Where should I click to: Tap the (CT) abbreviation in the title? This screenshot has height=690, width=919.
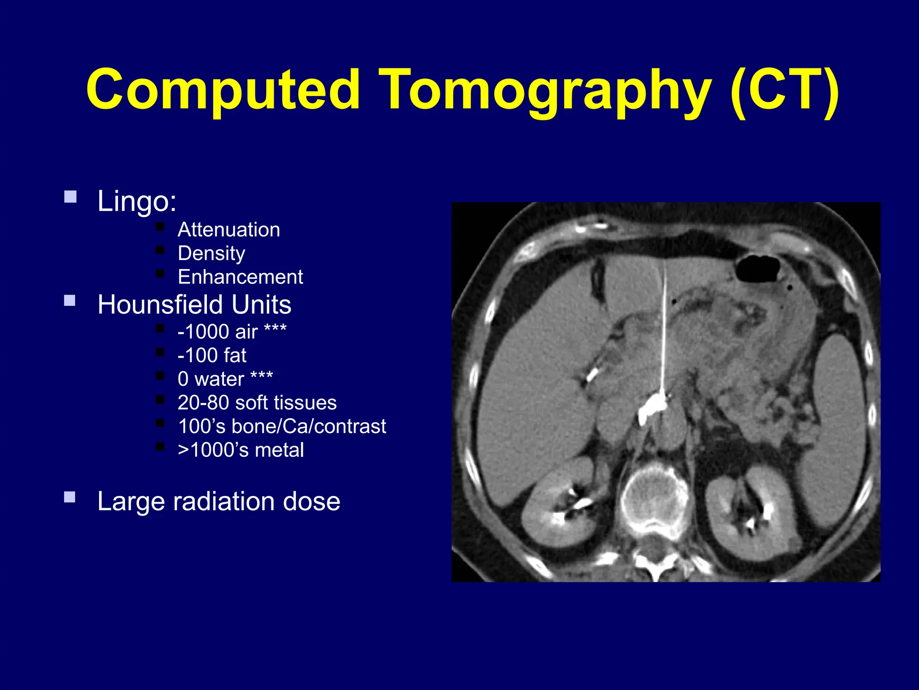pyautogui.click(x=783, y=90)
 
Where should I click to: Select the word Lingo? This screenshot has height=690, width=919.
pyautogui.click(x=137, y=201)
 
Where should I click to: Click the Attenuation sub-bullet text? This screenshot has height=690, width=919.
pyautogui.click(x=229, y=230)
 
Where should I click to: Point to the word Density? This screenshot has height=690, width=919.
pyautogui.click(x=211, y=253)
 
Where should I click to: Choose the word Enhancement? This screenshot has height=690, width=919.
pyautogui.click(x=241, y=277)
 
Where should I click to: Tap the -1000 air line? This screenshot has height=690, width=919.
pyautogui.click(x=232, y=332)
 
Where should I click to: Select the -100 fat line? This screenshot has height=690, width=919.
pyautogui.click(x=212, y=355)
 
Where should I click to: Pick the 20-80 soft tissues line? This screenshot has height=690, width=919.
pyautogui.click(x=257, y=402)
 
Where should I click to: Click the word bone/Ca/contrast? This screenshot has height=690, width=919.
pyautogui.click(x=309, y=426)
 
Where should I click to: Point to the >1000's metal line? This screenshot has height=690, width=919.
pyautogui.click(x=241, y=450)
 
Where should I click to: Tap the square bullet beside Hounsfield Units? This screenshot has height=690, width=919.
pyautogui.click(x=70, y=300)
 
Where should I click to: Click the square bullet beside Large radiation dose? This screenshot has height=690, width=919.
pyautogui.click(x=70, y=497)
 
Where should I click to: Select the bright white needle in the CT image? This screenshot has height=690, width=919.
pyautogui.click(x=664, y=332)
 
